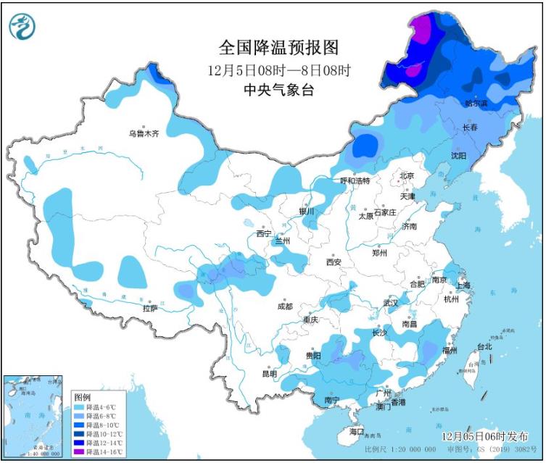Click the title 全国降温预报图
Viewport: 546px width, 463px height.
(x=278, y=49)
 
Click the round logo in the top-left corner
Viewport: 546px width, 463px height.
(x=22, y=27)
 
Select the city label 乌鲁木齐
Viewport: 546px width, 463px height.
(x=143, y=133)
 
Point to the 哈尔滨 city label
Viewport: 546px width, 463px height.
(x=476, y=104)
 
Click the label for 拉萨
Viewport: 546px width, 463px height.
(x=150, y=308)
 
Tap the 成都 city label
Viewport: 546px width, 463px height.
(x=284, y=306)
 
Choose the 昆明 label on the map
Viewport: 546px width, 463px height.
(x=269, y=374)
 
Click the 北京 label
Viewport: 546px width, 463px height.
(x=406, y=176)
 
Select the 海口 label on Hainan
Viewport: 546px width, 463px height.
(x=356, y=431)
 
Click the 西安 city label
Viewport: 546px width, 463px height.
(x=334, y=262)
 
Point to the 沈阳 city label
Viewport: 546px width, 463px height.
(x=458, y=155)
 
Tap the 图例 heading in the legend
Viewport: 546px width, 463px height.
(x=82, y=397)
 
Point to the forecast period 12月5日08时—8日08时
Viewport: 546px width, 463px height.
(x=278, y=70)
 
